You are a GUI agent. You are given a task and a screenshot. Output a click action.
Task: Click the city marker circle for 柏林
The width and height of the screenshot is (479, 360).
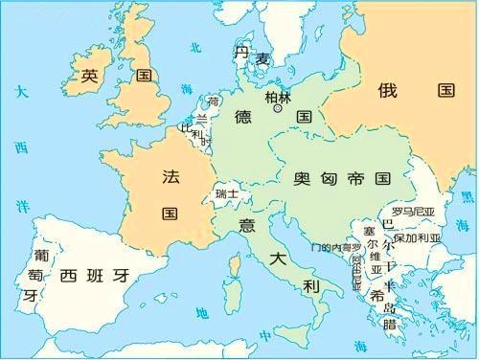(279, 109)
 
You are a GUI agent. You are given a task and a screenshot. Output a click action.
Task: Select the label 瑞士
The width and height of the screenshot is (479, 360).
(227, 193)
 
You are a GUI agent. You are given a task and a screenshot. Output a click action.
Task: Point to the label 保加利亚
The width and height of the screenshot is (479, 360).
(418, 236)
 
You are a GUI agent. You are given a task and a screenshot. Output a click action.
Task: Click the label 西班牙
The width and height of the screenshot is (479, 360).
(94, 277)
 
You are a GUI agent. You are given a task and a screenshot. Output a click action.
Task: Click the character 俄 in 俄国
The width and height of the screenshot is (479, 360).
(387, 90)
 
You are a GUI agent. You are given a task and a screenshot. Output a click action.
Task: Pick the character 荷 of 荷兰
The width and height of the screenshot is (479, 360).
(214, 101)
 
